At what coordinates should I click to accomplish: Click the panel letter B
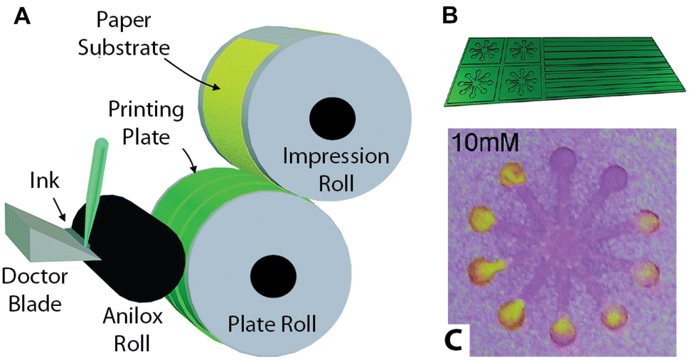(x=452, y=16)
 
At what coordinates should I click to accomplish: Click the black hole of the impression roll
(x=332, y=117)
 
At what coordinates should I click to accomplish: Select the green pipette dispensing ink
(x=92, y=192)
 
